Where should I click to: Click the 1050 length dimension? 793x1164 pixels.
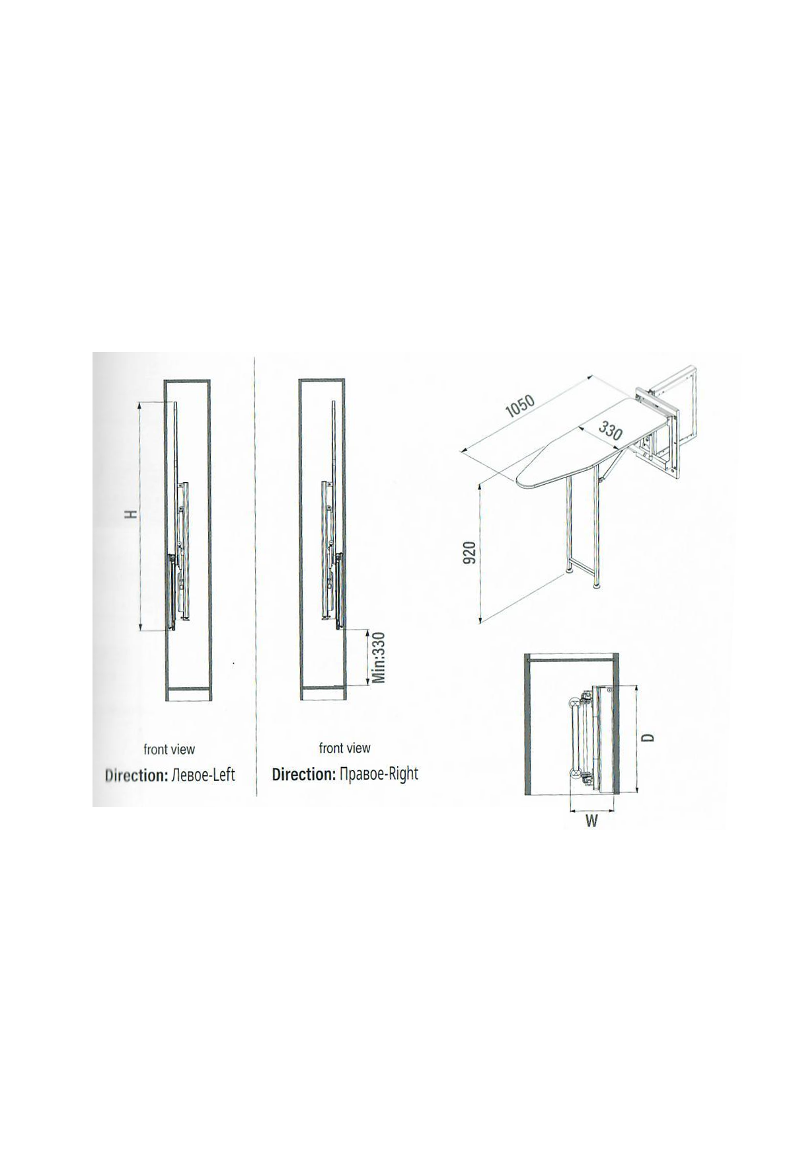point(519,406)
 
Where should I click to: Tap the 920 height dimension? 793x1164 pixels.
point(469,552)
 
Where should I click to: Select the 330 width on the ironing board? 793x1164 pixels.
point(611,431)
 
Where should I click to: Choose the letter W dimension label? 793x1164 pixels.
point(591,821)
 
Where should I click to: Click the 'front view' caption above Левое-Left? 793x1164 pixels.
point(169,749)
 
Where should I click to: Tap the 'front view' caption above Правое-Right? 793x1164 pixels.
point(345,748)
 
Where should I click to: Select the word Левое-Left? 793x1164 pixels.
point(203,775)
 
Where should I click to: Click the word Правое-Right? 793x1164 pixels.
point(379,774)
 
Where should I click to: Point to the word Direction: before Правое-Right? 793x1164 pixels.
point(304,774)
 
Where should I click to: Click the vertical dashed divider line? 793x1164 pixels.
point(256,575)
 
